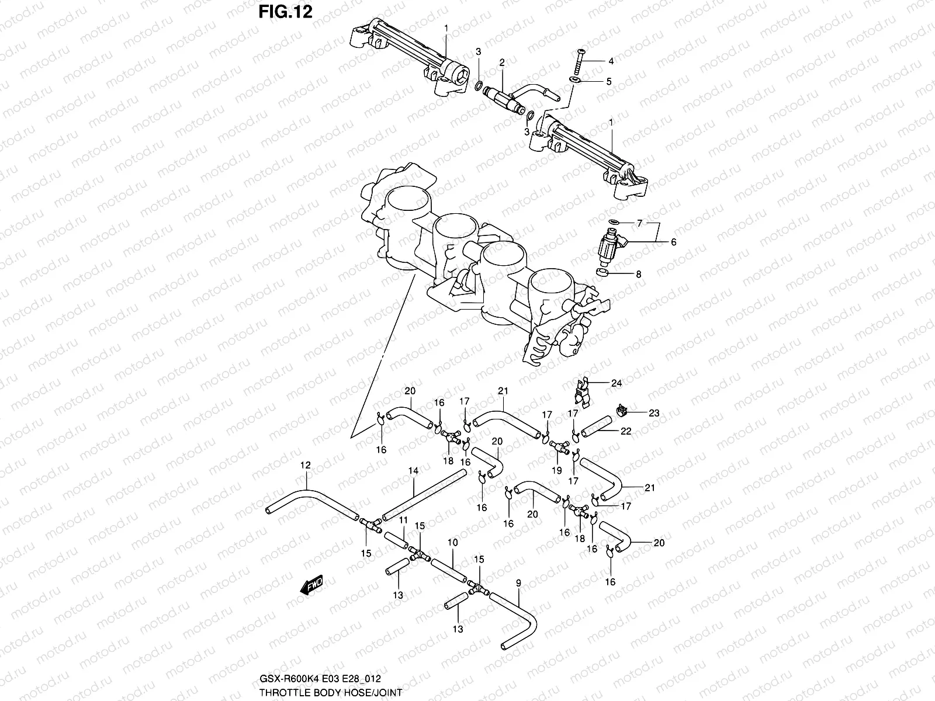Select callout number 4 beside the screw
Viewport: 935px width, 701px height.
pyautogui.click(x=611, y=61)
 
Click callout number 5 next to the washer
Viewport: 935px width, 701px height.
pyautogui.click(x=608, y=81)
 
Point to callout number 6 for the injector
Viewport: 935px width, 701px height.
pyautogui.click(x=673, y=241)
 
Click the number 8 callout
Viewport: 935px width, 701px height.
pyautogui.click(x=639, y=273)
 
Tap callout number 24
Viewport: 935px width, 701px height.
pyautogui.click(x=617, y=383)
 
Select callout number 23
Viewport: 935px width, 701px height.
pyautogui.click(x=654, y=412)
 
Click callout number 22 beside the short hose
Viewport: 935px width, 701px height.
pyautogui.click(x=626, y=431)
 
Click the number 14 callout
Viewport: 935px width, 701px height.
pyautogui.click(x=413, y=470)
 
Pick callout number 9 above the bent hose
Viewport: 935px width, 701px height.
pyautogui.click(x=518, y=582)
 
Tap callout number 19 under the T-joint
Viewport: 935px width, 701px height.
pyautogui.click(x=556, y=470)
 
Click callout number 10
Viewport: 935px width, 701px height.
pyautogui.click(x=453, y=543)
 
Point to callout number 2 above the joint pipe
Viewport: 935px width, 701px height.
pyautogui.click(x=501, y=63)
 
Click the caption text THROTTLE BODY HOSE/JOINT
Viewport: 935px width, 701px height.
pyautogui.click(x=331, y=691)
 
